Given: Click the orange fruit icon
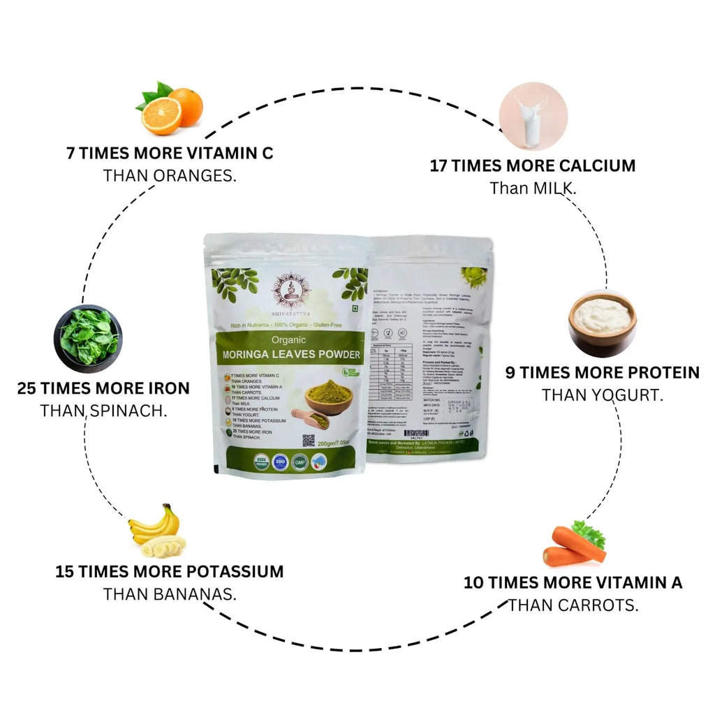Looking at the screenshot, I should (x=170, y=110).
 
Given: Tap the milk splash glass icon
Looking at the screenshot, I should (x=528, y=116).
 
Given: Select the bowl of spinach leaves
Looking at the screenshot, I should (x=88, y=338).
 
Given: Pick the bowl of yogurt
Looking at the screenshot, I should (x=602, y=323).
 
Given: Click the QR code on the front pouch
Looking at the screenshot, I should (x=308, y=441).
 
